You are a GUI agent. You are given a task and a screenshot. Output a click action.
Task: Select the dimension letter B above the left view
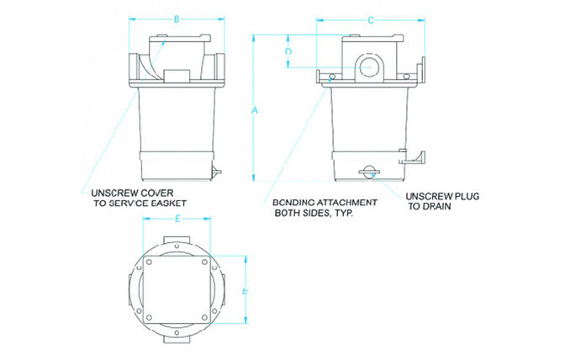click(175, 19)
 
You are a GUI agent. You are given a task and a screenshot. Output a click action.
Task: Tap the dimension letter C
click(371, 19)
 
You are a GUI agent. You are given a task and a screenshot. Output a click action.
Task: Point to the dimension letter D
click(288, 52)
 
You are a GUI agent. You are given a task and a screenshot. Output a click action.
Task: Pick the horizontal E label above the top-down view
click(177, 218)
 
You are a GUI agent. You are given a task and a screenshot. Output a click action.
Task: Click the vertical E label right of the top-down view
click(244, 290)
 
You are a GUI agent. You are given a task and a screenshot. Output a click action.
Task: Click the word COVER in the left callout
click(160, 192)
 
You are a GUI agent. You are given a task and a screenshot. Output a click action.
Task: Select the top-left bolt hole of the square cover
click(149, 262)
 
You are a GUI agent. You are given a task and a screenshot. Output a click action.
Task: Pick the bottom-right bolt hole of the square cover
click(204, 317)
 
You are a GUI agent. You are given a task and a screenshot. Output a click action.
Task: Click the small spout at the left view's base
click(217, 172)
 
